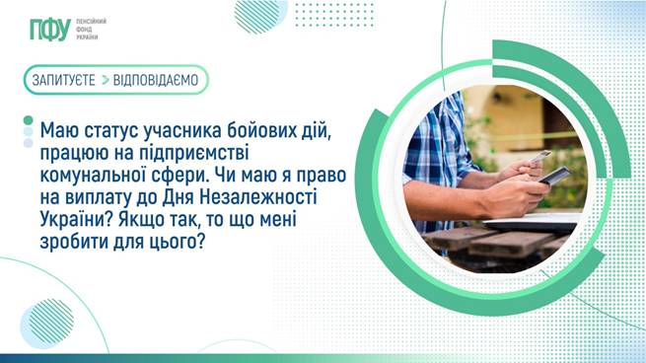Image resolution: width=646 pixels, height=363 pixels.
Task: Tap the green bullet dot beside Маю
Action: coord(27,123)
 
